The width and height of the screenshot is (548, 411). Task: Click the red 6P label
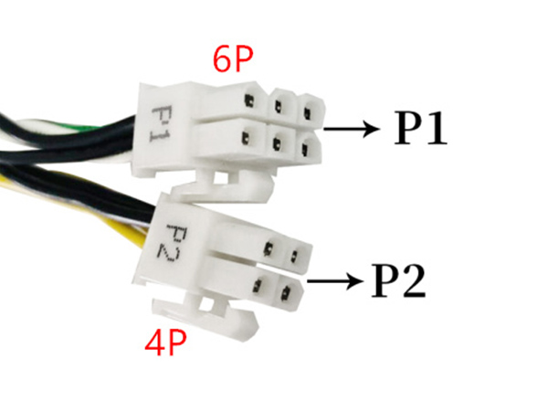(233, 59)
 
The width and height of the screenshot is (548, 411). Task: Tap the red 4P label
(165, 342)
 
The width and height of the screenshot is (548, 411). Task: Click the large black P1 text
(420, 128)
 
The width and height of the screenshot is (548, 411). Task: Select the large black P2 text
(398, 281)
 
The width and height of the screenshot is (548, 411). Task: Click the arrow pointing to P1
(352, 128)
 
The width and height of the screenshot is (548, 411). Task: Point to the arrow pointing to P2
(334, 280)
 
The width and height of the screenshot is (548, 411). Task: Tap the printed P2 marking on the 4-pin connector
(173, 244)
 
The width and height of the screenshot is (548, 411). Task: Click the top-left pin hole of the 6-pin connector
(249, 100)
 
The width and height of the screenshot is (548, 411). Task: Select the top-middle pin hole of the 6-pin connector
(278, 106)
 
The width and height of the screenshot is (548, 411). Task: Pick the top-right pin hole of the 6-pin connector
(307, 113)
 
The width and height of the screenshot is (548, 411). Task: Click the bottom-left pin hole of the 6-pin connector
(246, 138)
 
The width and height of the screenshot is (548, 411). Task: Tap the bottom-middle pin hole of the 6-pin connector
(277, 143)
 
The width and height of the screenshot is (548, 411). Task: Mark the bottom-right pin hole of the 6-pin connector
(305, 149)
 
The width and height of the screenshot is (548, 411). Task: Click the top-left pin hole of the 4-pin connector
(269, 248)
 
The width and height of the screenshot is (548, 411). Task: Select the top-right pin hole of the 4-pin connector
(293, 257)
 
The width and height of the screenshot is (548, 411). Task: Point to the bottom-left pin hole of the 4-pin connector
(258, 285)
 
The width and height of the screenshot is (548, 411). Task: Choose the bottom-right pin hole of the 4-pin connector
(286, 292)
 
